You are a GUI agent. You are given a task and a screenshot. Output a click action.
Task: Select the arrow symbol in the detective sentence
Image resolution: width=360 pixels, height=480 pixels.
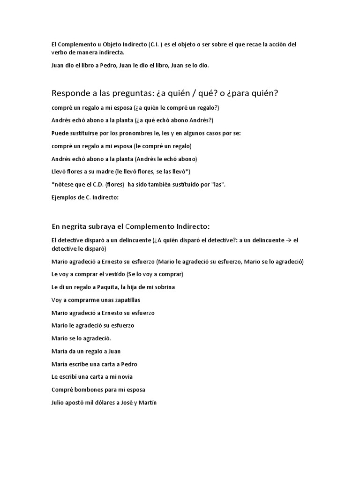(288, 240)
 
